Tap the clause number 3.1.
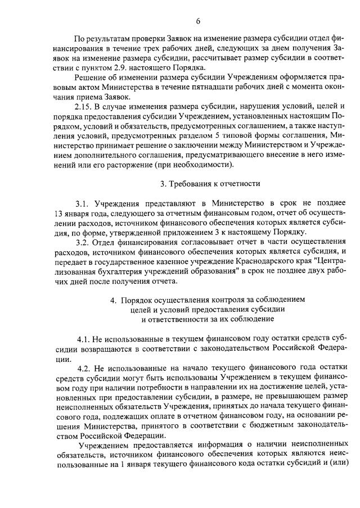(x=83, y=202)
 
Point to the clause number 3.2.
(x=83, y=242)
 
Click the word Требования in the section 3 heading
(x=192, y=183)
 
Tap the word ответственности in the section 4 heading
(x=178, y=319)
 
